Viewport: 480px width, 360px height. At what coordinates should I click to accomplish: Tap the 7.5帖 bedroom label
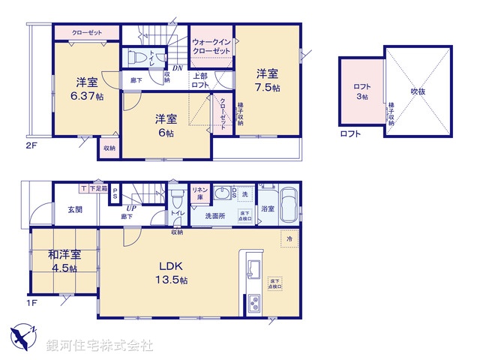(x=267, y=80)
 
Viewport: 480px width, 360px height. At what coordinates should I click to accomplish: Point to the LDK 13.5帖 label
(x=172, y=272)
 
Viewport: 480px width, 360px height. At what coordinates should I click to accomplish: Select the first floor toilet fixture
(x=177, y=200)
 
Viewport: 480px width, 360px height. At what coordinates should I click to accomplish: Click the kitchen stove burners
(x=253, y=304)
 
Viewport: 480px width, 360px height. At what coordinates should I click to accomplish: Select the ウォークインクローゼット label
(x=212, y=45)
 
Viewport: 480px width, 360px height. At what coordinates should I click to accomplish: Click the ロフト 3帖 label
(x=361, y=91)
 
